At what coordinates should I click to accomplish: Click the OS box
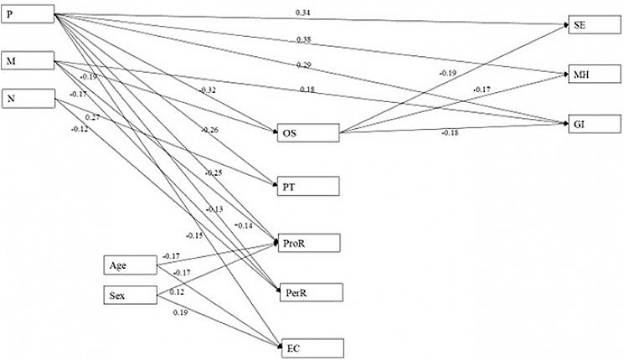(308, 134)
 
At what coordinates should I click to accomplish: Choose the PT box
(308, 186)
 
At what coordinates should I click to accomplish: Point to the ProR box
(308, 244)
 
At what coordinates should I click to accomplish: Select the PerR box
(308, 292)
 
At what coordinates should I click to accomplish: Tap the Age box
(131, 266)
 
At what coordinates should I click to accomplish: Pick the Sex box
(131, 295)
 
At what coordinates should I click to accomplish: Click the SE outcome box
(594, 24)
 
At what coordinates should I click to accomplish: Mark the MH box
(594, 75)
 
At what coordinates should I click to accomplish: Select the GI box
(594, 124)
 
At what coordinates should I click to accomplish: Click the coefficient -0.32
(208, 90)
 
